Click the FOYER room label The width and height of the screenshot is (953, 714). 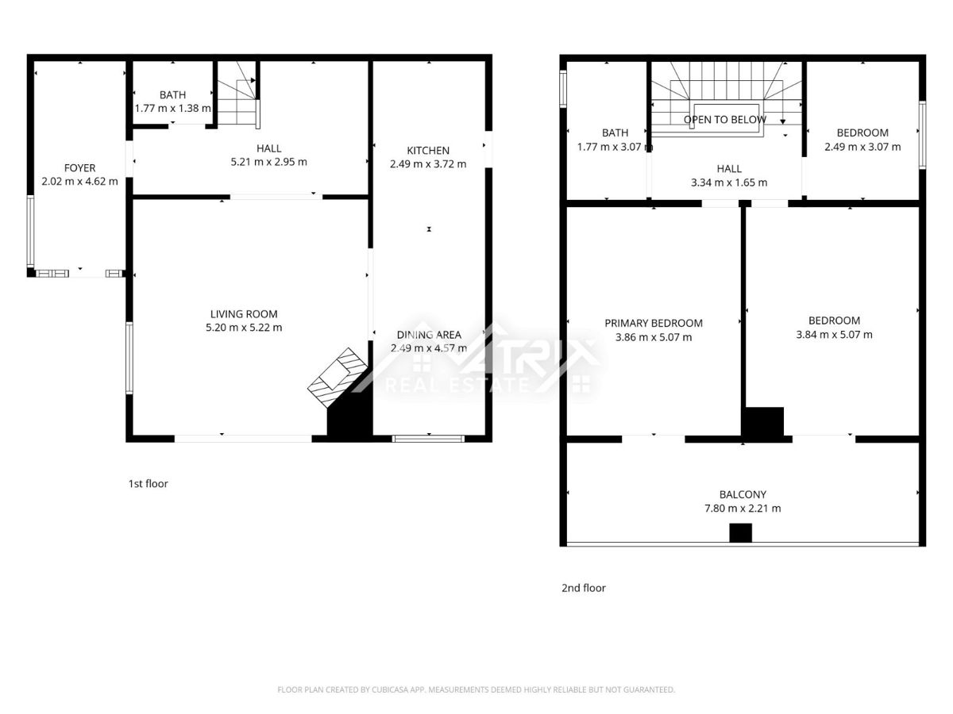pyautogui.click(x=79, y=167)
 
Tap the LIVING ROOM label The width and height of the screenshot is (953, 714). pyautogui.click(x=244, y=314)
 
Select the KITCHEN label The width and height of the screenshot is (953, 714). pyautogui.click(x=427, y=151)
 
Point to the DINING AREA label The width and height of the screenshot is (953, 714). pyautogui.click(x=429, y=335)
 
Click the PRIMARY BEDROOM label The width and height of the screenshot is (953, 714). pyautogui.click(x=654, y=323)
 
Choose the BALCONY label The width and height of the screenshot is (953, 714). pyautogui.click(x=743, y=494)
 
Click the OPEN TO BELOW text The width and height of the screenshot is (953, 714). pyautogui.click(x=724, y=119)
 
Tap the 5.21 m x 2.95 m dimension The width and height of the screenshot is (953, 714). pyautogui.click(x=268, y=162)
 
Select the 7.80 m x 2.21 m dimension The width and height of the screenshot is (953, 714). pyautogui.click(x=743, y=508)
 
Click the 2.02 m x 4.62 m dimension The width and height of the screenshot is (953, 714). pyautogui.click(x=79, y=181)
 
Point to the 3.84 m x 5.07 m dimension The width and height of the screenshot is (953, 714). pyautogui.click(x=834, y=335)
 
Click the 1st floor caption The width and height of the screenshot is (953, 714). pyautogui.click(x=148, y=484)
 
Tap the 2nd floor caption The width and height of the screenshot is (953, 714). pyautogui.click(x=583, y=589)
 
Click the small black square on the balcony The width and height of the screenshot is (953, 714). pyautogui.click(x=740, y=533)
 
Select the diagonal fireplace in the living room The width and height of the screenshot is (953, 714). pyautogui.click(x=338, y=377)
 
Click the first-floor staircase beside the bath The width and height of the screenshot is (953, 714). pyautogui.click(x=237, y=94)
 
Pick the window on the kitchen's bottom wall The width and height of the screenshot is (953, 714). pyautogui.click(x=428, y=439)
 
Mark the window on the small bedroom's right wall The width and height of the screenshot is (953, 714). pyautogui.click(x=923, y=135)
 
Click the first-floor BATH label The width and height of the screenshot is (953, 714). pyautogui.click(x=172, y=94)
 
